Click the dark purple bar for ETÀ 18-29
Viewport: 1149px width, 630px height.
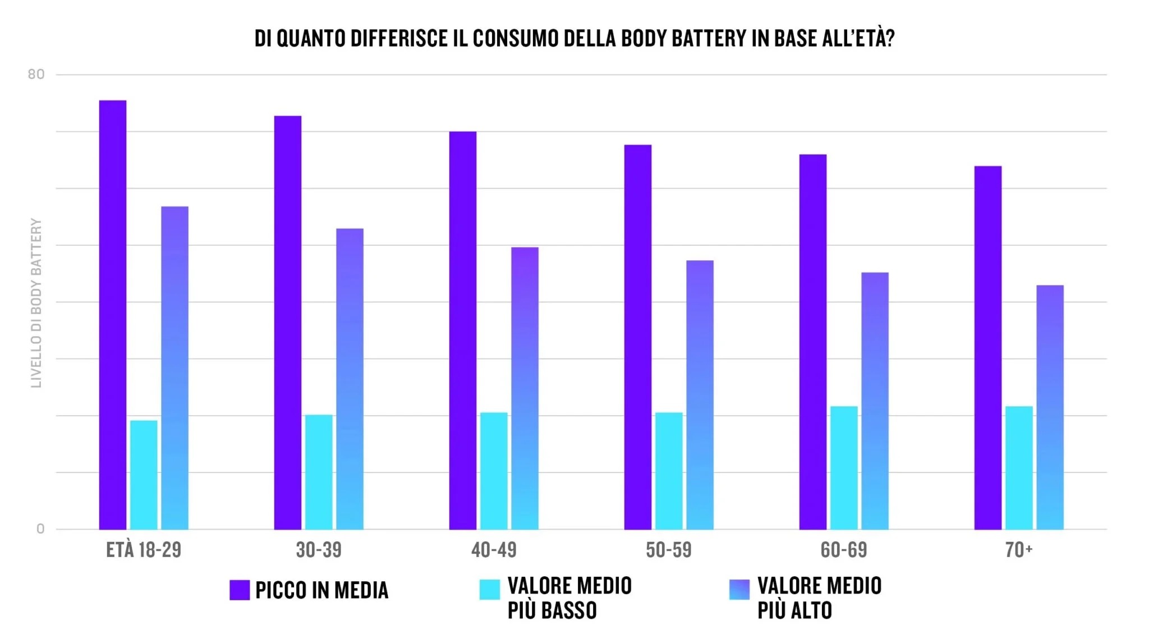coord(113,314)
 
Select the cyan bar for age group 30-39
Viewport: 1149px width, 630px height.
coord(319,472)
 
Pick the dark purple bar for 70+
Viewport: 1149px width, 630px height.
coord(987,348)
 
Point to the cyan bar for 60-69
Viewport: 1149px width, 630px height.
coord(844,468)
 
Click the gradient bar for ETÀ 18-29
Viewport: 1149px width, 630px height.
coord(174,368)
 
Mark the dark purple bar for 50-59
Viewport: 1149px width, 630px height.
coord(638,337)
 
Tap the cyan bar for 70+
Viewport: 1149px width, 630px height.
coord(1019,468)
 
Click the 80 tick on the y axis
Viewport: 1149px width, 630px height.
coord(36,74)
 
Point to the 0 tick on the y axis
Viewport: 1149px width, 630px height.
coord(40,529)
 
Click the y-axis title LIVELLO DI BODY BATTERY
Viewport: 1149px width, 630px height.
coord(36,303)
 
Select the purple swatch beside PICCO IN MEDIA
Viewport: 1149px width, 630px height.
coord(240,590)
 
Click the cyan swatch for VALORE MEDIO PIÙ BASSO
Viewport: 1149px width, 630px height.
coord(489,590)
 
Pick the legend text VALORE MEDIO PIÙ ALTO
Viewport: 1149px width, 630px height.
coord(819,598)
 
